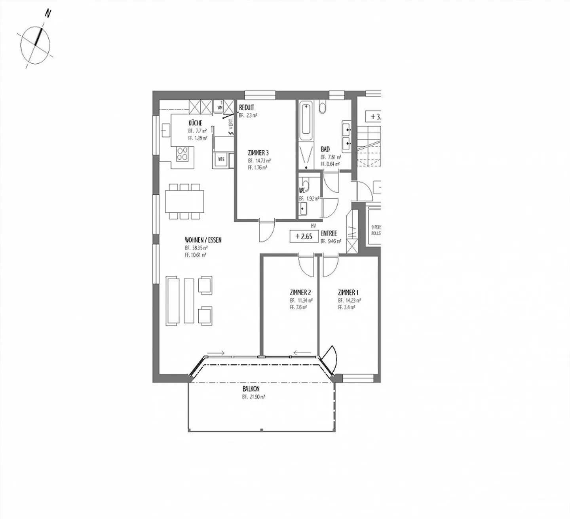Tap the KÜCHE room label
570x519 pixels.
(x=195, y=123)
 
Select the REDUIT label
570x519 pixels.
(x=246, y=108)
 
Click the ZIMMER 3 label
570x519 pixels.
(x=258, y=153)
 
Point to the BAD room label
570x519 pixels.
(x=325, y=150)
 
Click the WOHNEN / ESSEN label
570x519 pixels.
(x=203, y=240)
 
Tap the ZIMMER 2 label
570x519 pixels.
(x=300, y=293)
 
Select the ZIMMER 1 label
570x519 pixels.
(x=348, y=293)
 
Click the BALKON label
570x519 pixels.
(x=251, y=389)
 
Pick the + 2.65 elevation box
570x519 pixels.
(x=304, y=237)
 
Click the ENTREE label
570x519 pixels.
(x=329, y=234)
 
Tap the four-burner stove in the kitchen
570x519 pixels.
(x=183, y=153)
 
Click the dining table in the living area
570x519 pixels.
(x=185, y=201)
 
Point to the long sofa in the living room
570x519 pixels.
(x=173, y=301)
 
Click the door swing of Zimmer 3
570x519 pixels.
(x=266, y=232)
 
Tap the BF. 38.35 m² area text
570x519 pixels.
(x=196, y=248)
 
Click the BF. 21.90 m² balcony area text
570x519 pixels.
(x=254, y=397)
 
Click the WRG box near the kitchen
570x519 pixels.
(x=221, y=159)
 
